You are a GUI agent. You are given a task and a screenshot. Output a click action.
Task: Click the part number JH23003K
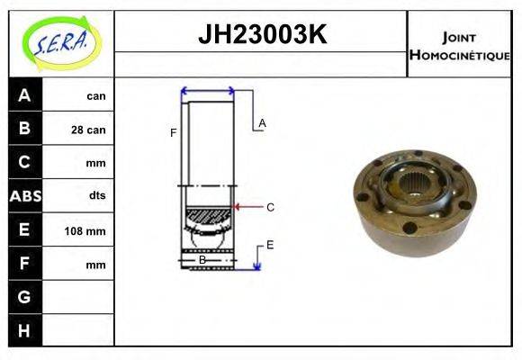[x=261, y=35]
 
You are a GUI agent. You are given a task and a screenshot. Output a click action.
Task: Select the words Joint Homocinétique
[x=460, y=46]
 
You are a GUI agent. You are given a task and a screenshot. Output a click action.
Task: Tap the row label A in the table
[x=24, y=95]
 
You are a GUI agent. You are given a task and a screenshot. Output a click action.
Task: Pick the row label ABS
[x=24, y=196]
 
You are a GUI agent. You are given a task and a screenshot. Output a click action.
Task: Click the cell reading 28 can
[x=88, y=130]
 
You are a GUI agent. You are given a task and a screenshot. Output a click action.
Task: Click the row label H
[x=24, y=330]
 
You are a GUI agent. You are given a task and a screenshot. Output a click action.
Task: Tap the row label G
[x=24, y=297]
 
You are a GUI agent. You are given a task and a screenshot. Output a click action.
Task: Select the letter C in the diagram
[x=270, y=207]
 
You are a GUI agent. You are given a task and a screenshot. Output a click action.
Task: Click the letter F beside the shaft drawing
[x=173, y=133]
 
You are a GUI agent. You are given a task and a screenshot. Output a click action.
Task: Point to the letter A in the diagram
[x=262, y=122]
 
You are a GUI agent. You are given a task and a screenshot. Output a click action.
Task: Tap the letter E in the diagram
[x=270, y=244]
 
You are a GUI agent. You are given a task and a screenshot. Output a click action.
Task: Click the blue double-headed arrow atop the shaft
[x=208, y=90]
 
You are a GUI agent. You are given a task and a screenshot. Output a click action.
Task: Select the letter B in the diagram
[x=202, y=260]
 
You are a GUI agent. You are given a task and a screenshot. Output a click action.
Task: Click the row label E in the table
[x=24, y=230]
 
